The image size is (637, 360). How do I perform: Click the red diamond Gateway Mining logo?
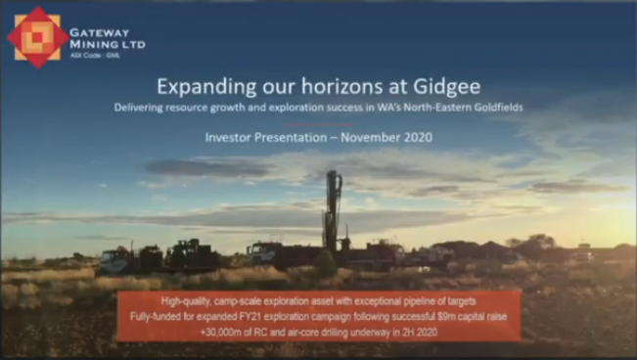point(37,37)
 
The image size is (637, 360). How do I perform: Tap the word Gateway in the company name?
point(94,32)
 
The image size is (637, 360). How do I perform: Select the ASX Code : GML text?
point(95,55)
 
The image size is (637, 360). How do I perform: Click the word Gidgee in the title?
point(446,87)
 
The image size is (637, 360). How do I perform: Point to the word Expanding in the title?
point(206,87)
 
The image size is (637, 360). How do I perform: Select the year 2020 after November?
point(418,137)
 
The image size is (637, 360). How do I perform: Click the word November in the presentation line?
point(370,137)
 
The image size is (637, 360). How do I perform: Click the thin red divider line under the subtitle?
point(319,124)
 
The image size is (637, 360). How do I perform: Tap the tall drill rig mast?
point(333,212)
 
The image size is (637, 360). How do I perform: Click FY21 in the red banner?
point(251,317)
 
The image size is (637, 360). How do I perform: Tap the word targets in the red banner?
point(461,301)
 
